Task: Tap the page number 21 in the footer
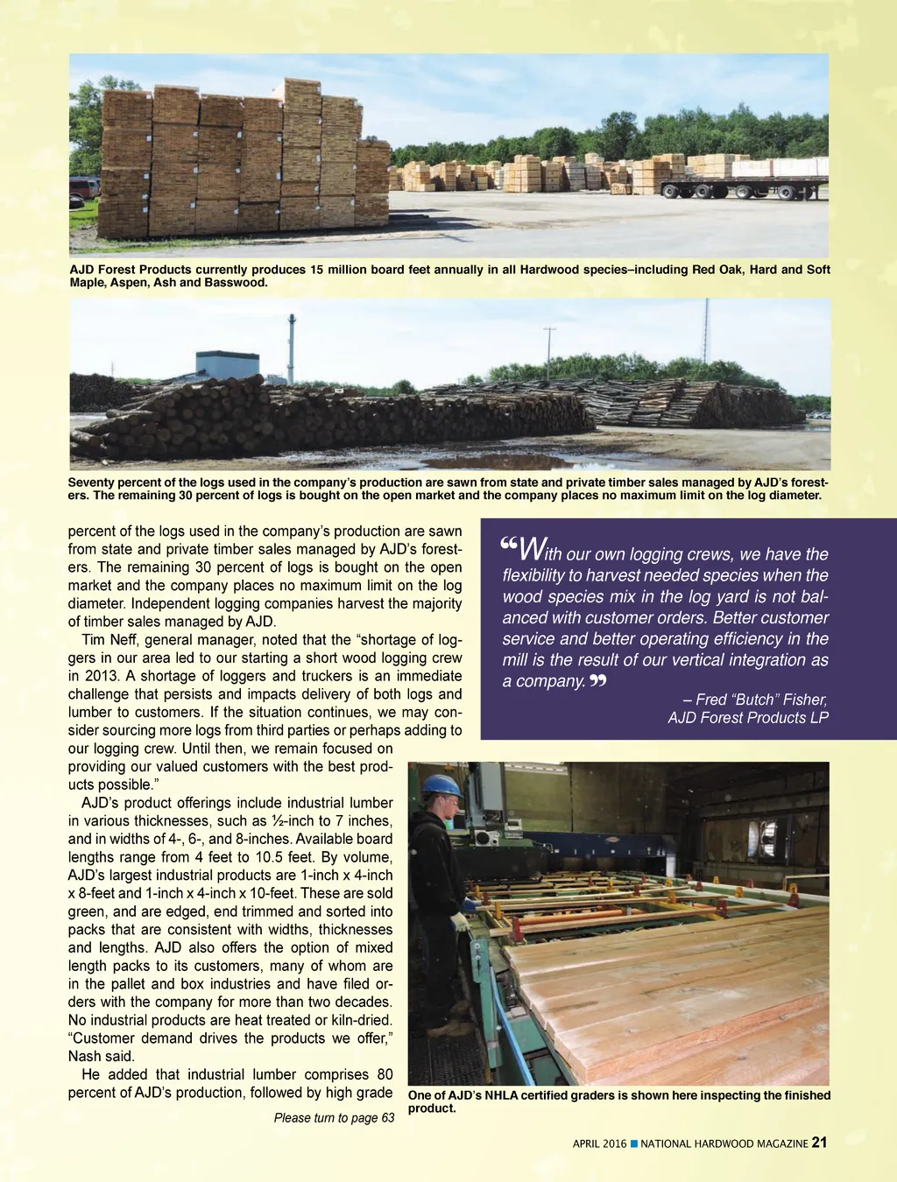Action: coord(820,1142)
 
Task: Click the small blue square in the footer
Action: coord(634,1143)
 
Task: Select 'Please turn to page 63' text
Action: coord(334,1117)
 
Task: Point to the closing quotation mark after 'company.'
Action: coord(598,681)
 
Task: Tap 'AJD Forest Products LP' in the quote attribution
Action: coord(748,718)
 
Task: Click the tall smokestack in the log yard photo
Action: coord(292,348)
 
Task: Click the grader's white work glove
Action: coord(459,921)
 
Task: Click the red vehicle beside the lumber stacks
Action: coord(84,187)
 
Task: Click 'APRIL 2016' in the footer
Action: coord(599,1143)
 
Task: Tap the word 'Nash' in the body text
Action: coord(85,1056)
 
